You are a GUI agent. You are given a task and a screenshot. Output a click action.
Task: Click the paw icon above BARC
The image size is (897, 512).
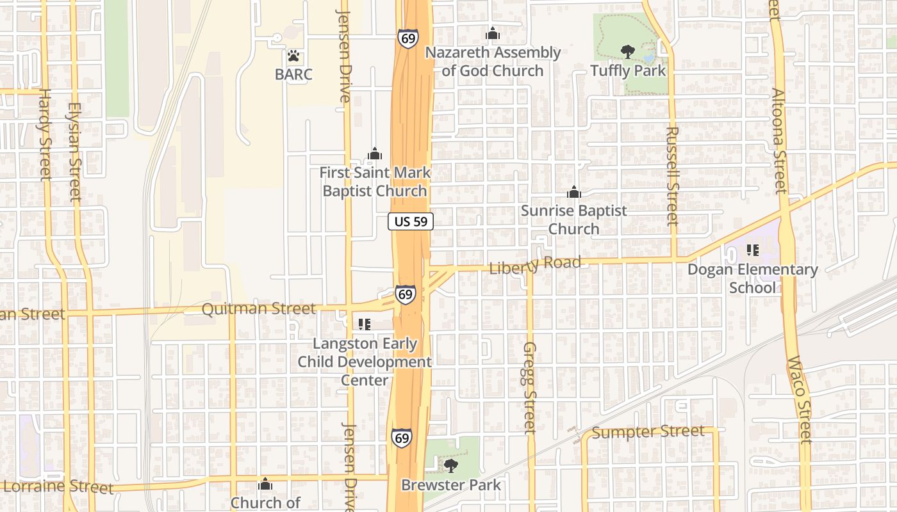click(293, 56)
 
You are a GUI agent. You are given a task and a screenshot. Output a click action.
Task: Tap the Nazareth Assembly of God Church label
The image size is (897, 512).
click(493, 61)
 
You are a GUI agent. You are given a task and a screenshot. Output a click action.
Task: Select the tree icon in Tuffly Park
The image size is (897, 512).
click(628, 51)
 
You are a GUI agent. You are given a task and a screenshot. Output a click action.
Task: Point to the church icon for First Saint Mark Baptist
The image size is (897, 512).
click(375, 154)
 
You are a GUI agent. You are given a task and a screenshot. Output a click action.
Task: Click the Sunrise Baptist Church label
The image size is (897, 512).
click(573, 220)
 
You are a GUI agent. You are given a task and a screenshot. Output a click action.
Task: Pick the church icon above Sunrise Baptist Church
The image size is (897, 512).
click(573, 191)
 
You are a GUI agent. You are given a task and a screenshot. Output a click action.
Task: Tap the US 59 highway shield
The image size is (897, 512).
click(411, 221)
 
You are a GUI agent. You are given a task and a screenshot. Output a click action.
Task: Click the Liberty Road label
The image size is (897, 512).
click(535, 264)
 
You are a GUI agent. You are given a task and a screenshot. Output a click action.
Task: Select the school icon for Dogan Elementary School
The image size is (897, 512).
click(752, 250)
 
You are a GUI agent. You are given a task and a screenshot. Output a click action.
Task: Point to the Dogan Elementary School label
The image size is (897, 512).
click(752, 278)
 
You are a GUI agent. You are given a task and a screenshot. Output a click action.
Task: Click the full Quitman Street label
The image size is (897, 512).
click(258, 309)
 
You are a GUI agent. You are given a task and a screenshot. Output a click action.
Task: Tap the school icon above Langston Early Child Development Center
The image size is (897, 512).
click(364, 324)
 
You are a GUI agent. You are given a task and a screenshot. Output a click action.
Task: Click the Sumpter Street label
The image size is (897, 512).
click(648, 432)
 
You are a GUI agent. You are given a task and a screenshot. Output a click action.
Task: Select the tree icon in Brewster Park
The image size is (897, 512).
click(451, 465)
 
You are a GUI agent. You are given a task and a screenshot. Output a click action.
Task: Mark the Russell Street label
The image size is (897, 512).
click(672, 176)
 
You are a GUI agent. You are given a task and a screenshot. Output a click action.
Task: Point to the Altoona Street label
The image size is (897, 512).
click(779, 141)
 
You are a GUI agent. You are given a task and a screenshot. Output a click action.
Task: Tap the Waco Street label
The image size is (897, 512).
click(800, 400)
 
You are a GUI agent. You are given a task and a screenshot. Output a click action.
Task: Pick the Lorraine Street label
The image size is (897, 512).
click(58, 486)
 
